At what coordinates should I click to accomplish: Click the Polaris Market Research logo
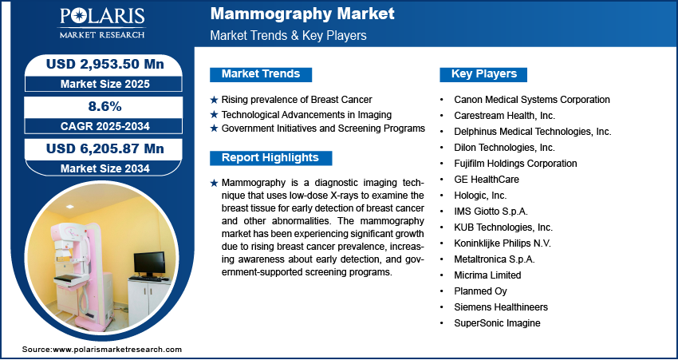tap(102, 23)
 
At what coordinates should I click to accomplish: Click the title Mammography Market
tap(302, 14)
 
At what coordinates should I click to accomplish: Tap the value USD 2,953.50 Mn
tap(105, 64)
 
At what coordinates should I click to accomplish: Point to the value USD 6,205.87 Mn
tap(105, 148)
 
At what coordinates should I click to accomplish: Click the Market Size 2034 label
tap(105, 168)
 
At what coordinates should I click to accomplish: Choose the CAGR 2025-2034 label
tap(105, 126)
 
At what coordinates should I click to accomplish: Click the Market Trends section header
tap(261, 74)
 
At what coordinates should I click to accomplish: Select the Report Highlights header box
tap(270, 158)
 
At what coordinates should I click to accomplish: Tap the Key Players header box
tap(483, 74)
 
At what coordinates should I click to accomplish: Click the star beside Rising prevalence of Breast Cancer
tap(214, 100)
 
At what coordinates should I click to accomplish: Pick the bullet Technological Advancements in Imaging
tap(306, 115)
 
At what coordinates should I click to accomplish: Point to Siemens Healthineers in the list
tap(501, 307)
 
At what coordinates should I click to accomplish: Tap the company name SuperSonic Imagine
tap(497, 322)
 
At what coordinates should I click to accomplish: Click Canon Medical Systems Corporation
tap(532, 100)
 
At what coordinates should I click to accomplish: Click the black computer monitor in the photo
tap(149, 263)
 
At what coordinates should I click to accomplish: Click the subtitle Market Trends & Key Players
tap(289, 35)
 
